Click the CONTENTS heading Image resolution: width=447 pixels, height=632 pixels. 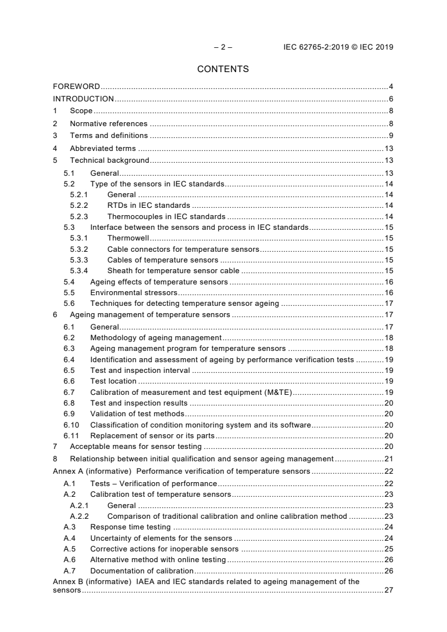tap(223, 69)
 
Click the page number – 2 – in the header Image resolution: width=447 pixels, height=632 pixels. tap(223, 47)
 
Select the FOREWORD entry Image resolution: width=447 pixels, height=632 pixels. tap(76, 87)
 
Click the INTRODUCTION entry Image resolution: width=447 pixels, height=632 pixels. tap(83, 99)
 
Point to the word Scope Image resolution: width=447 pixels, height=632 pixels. tap(81, 112)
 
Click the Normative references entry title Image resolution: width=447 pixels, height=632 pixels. tap(108, 123)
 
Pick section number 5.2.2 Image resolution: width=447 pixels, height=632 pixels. tap(79, 206)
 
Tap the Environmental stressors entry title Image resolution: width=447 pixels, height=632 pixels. tap(134, 293)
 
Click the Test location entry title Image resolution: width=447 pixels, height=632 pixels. tap(113, 381)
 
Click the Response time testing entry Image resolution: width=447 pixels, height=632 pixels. tap(130, 527)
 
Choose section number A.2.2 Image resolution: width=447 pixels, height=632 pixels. tap(79, 516)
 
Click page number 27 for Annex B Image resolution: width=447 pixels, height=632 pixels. tap(388, 590)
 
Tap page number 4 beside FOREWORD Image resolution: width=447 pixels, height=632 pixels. tap(391, 87)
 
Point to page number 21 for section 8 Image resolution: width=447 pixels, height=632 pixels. tap(388, 458)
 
